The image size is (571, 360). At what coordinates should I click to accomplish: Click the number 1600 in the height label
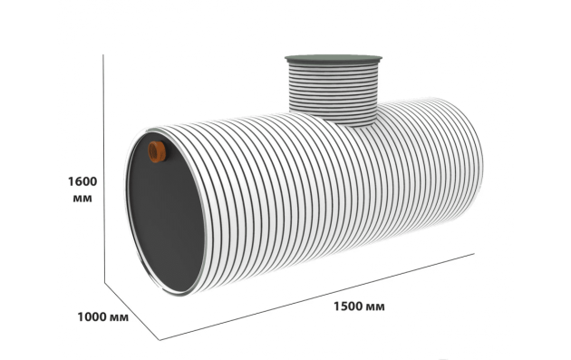tap(82, 181)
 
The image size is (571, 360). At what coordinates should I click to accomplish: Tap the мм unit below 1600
tap(82, 199)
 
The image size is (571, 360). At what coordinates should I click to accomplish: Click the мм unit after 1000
tap(119, 317)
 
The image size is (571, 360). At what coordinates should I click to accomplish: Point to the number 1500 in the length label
tap(348, 306)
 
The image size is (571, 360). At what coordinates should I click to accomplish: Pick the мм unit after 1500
tap(375, 307)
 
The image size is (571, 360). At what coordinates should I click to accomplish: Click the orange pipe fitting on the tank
tap(157, 151)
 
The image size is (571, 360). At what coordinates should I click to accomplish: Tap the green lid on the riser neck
tap(334, 60)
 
